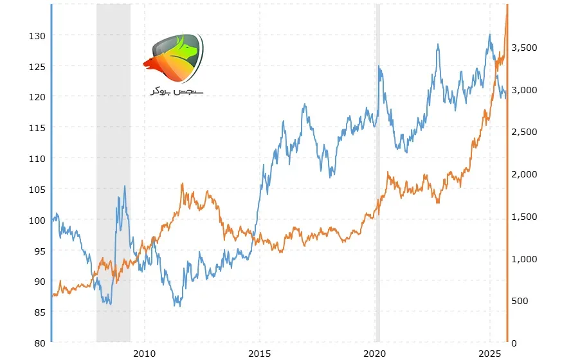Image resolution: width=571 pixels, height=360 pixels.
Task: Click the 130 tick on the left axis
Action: (37, 36)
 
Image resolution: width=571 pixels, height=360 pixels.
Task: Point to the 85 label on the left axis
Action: (40, 312)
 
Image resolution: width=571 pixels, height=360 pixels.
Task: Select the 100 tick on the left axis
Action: (37, 221)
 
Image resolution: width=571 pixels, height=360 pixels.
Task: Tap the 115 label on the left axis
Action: (37, 128)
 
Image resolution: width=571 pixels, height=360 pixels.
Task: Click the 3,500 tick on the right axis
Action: (524, 48)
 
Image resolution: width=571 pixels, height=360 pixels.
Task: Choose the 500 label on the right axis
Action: (520, 301)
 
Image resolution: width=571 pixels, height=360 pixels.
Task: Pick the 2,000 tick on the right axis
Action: (524, 174)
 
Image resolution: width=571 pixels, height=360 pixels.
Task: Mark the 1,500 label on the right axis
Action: (524, 217)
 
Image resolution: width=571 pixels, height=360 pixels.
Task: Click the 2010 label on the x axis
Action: (144, 354)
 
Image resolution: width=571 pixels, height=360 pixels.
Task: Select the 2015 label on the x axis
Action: (260, 354)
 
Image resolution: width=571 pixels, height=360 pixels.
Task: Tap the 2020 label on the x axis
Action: (375, 354)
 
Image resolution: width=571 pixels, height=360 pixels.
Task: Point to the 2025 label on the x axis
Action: (490, 354)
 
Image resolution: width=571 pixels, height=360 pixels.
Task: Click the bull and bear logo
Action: (174, 58)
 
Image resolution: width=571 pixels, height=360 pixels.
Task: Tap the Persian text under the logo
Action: (177, 91)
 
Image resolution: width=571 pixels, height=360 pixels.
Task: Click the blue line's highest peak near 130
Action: (490, 35)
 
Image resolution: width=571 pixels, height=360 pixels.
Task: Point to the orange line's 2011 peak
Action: (182, 184)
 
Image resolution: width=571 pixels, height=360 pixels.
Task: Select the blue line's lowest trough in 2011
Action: (179, 306)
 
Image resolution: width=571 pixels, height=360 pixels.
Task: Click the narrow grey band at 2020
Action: (378, 173)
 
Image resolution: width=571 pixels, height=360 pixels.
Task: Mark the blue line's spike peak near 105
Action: (125, 186)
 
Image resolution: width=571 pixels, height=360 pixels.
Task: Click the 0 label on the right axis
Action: (514, 343)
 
